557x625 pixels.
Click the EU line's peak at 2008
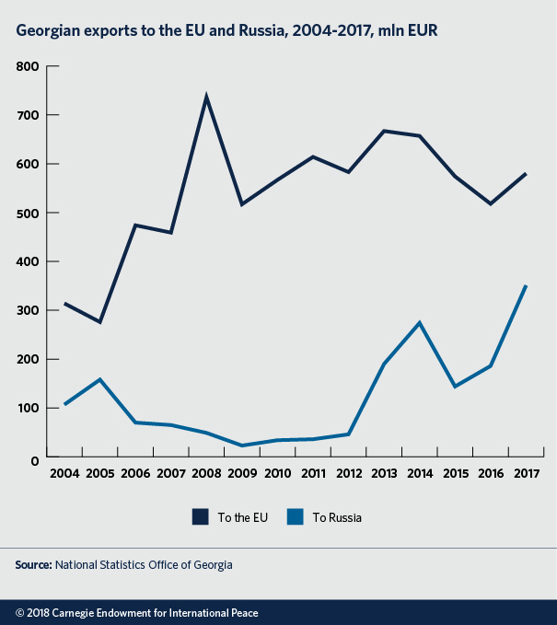coord(206,96)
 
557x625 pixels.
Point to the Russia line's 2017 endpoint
coord(526,285)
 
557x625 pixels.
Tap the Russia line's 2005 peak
coord(99,379)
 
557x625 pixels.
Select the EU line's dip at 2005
coord(99,322)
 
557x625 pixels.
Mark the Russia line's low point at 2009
coord(242,446)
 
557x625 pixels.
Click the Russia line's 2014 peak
coord(420,322)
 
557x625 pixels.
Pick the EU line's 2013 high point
coord(384,131)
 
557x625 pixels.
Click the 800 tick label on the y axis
coord(29,67)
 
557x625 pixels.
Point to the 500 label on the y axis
coord(29,214)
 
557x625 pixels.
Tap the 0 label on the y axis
coord(35,458)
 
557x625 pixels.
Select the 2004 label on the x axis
coord(64,474)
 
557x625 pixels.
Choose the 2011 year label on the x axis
coord(313,474)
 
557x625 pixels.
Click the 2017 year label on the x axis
coord(526,474)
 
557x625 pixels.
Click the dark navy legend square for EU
coord(201,517)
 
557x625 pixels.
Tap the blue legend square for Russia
coord(295,517)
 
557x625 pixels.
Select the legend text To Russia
coord(338,517)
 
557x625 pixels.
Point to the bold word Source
coord(33,564)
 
